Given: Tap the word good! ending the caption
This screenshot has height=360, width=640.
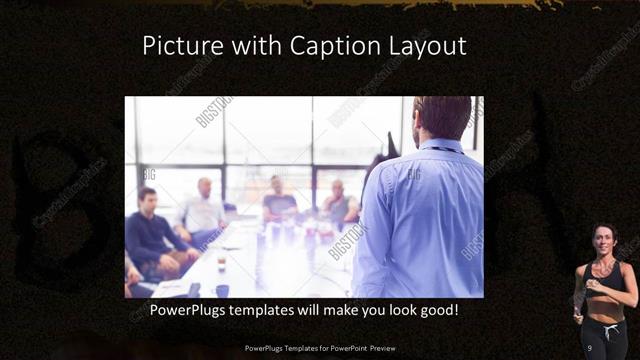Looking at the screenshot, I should [x=450, y=310].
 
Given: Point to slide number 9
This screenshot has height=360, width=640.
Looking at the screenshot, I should [x=590, y=347].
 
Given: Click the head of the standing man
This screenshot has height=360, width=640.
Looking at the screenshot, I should [x=440, y=117].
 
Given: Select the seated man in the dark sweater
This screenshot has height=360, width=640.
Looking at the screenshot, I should [x=151, y=233].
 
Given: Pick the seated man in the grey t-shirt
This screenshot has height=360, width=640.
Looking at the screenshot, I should [x=279, y=200].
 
